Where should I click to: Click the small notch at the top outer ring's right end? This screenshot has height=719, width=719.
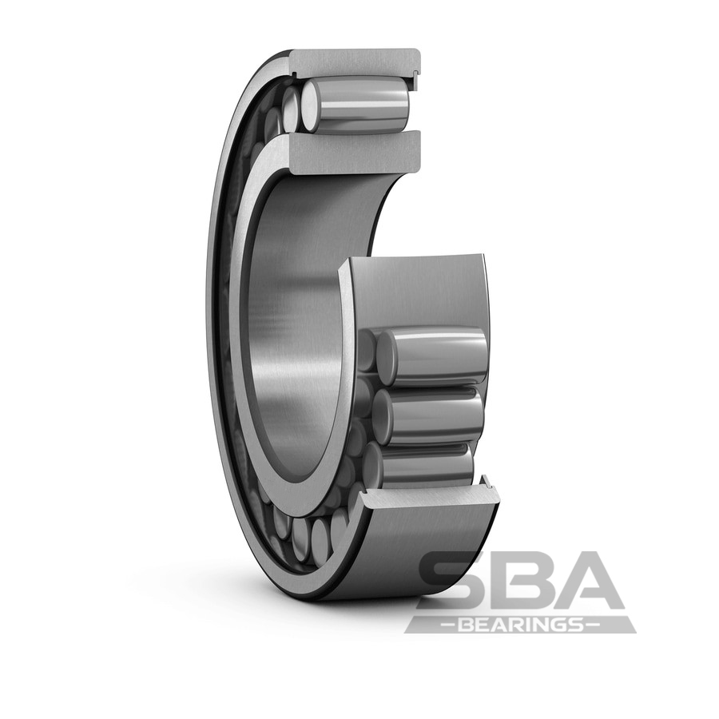coord(415,76)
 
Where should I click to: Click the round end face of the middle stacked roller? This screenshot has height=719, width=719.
coord(382,415)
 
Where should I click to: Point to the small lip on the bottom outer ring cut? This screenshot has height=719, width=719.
coord(484,481)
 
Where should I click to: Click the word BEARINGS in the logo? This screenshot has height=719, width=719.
coord(520,624)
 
